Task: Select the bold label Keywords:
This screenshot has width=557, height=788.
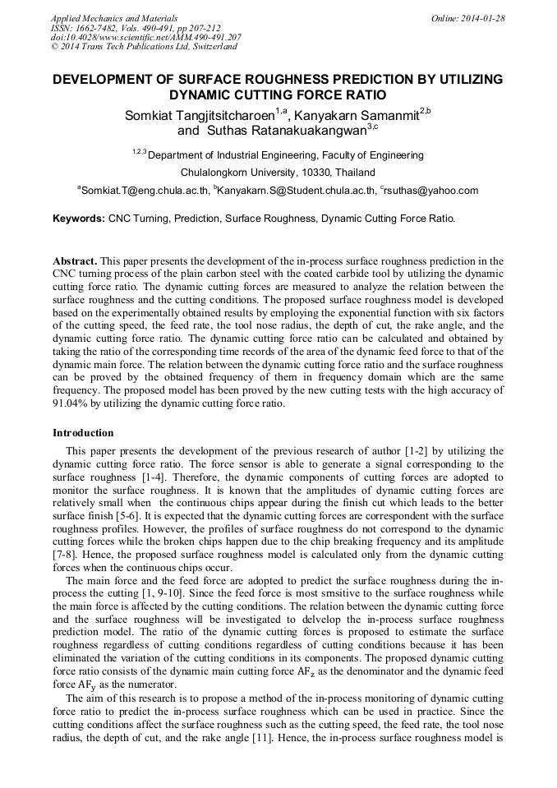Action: click(79, 219)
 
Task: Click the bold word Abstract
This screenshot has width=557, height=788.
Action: click(75, 260)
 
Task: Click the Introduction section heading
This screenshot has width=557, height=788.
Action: click(83, 433)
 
